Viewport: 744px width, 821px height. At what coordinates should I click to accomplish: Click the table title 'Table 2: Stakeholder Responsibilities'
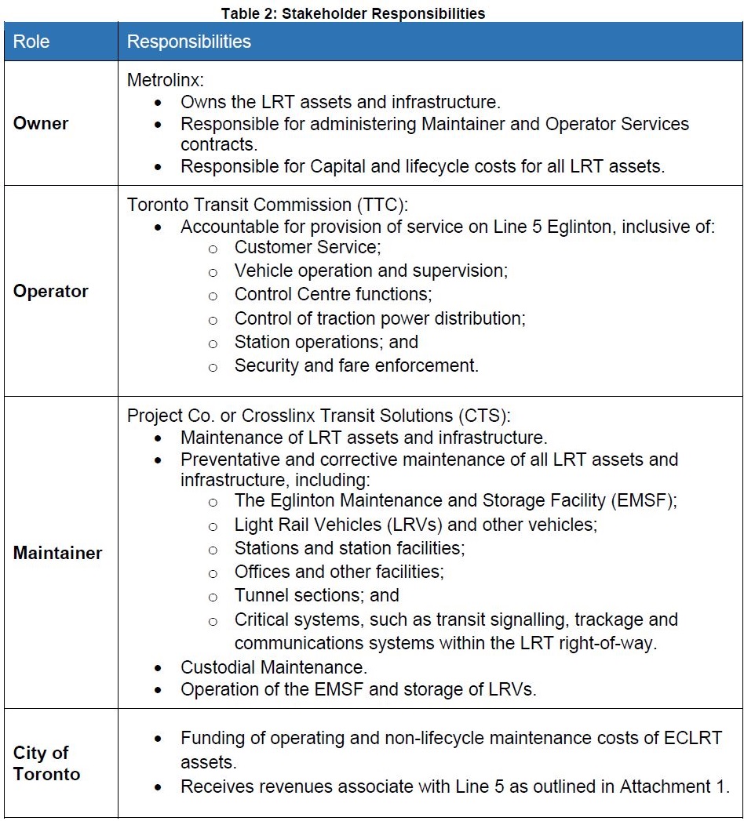[x=352, y=13]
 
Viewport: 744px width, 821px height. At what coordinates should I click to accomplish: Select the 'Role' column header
[x=31, y=42]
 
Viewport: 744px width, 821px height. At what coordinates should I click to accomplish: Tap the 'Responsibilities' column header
[x=189, y=42]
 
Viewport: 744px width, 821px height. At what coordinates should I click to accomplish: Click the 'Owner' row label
[x=41, y=123]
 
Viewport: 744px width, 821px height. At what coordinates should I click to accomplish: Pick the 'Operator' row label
[x=51, y=291]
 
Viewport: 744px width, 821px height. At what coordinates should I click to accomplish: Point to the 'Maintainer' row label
[x=58, y=553]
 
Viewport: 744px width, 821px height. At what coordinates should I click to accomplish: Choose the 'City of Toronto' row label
[x=46, y=763]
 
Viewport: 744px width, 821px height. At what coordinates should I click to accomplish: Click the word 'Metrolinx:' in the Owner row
[x=164, y=80]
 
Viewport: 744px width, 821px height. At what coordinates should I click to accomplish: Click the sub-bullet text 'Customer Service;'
[x=307, y=248]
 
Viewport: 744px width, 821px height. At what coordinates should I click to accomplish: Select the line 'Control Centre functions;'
[x=334, y=295]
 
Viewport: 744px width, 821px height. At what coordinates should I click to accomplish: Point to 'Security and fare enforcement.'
[x=356, y=365]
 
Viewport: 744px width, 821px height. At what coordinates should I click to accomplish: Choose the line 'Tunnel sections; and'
[x=316, y=595]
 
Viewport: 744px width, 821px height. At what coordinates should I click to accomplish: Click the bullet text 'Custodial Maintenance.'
[x=274, y=667]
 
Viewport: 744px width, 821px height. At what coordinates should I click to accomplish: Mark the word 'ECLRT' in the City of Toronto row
[x=691, y=738]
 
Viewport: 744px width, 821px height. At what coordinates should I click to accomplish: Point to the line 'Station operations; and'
[x=326, y=342]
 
